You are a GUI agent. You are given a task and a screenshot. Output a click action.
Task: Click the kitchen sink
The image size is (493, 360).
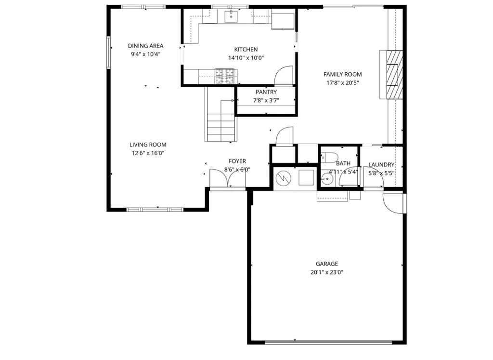click(x=231, y=17)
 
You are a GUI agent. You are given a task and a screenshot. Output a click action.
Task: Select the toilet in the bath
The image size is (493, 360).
click(x=330, y=157)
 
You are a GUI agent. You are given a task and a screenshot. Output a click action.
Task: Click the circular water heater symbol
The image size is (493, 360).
click(x=283, y=178)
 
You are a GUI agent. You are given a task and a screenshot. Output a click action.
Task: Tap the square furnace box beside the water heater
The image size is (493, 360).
click(x=306, y=178)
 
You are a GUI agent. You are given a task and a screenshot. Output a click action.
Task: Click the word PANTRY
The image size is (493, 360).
click(x=266, y=92)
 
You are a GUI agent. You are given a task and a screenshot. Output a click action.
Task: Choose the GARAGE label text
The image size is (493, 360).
click(x=326, y=264)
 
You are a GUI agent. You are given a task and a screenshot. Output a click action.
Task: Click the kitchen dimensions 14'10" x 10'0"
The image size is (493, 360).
click(x=246, y=58)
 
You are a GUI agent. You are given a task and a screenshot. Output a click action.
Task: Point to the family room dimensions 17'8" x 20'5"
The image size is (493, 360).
click(x=342, y=83)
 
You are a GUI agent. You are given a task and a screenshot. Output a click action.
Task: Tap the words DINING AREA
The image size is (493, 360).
click(x=145, y=46)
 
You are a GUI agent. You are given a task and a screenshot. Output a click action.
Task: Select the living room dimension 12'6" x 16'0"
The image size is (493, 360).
click(x=148, y=153)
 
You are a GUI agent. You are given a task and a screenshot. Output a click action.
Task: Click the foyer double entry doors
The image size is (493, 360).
click(x=228, y=179)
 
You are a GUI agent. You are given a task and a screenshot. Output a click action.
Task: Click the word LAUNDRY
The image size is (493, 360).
click(x=381, y=164)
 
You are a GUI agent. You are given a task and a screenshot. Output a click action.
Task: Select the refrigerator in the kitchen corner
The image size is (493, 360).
click(x=284, y=21)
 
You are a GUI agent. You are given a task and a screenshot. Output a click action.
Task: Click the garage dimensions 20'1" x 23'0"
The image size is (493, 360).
click(x=326, y=272)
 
